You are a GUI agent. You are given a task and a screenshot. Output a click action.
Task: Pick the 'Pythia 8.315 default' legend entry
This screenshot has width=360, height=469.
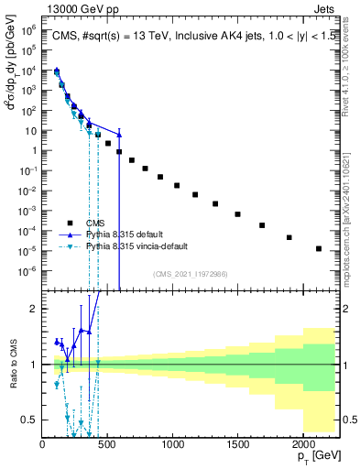pyautogui.click(x=128, y=234)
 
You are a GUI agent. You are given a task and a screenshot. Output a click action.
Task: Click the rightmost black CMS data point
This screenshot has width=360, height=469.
pyautogui.click(x=319, y=248)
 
